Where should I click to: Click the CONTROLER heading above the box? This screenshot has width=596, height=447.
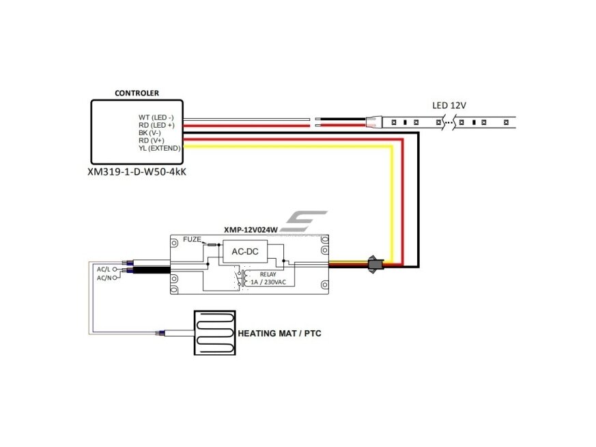click(137, 93)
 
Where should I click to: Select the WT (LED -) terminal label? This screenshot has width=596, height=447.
click(156, 117)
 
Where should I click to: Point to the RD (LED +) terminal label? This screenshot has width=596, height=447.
click(156, 125)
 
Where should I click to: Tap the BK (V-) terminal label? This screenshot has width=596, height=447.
click(150, 132)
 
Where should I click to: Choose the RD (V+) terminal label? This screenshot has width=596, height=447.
click(152, 141)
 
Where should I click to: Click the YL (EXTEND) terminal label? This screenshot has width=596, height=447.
click(159, 148)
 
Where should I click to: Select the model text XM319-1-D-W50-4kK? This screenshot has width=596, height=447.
click(137, 172)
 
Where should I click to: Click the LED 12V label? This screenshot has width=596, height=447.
click(449, 105)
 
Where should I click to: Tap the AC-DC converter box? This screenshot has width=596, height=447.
click(245, 251)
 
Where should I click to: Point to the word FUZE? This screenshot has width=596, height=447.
click(192, 240)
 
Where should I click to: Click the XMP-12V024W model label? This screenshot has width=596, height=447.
click(251, 229)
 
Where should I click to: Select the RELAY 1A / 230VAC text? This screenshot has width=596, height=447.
click(268, 278)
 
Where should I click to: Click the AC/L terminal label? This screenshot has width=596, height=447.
click(103, 269)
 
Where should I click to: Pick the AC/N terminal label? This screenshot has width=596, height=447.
click(104, 278)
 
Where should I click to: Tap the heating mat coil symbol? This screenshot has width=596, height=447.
click(215, 333)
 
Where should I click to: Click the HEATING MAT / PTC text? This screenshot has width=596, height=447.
click(279, 333)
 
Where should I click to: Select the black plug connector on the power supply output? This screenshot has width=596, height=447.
click(375, 264)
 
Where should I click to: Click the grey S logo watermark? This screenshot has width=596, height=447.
click(303, 221)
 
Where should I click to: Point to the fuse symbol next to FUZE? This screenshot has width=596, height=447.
click(212, 245)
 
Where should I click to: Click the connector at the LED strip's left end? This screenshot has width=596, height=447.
click(373, 122)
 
